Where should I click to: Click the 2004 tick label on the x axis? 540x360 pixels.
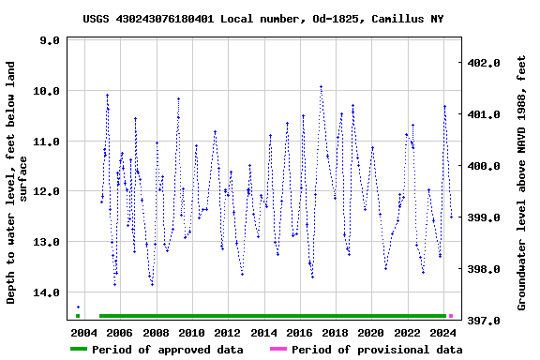pos(83,333)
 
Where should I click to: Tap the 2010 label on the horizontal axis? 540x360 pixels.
pos(191,333)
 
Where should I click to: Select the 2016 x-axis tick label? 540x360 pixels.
pos(299,333)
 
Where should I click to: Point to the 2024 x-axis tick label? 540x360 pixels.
pos(443,333)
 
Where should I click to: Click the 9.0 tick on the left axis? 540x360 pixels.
pos(50,41)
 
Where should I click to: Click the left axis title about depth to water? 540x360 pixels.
pos(18,183)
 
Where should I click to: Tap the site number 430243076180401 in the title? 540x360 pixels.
pos(181,19)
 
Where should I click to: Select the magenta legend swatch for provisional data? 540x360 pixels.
pos(278,350)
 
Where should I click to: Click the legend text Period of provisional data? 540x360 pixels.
pos(376,350)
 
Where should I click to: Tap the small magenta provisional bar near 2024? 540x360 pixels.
pos(451,316)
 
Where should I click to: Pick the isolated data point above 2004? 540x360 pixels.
pos(78,307)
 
